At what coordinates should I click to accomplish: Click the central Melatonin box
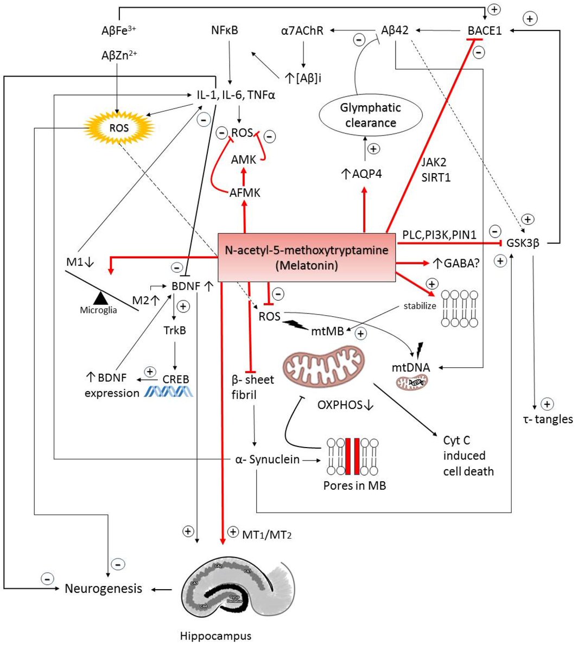[306, 258]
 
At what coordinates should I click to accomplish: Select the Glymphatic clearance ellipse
[370, 115]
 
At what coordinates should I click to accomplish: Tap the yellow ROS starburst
[119, 127]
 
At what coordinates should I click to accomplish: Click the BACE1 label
[485, 30]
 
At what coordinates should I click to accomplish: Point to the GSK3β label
[523, 243]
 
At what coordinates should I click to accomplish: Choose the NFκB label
[225, 30]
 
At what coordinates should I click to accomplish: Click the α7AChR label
[302, 30]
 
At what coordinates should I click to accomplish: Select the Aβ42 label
[395, 30]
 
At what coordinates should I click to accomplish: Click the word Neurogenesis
[103, 589]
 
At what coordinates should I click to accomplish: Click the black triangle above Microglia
[99, 297]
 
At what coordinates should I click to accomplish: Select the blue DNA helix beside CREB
[168, 392]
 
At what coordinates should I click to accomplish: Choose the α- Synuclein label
[267, 459]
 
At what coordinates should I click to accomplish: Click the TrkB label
[174, 330]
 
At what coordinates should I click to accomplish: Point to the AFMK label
[245, 192]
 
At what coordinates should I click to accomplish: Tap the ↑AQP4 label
[361, 174]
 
